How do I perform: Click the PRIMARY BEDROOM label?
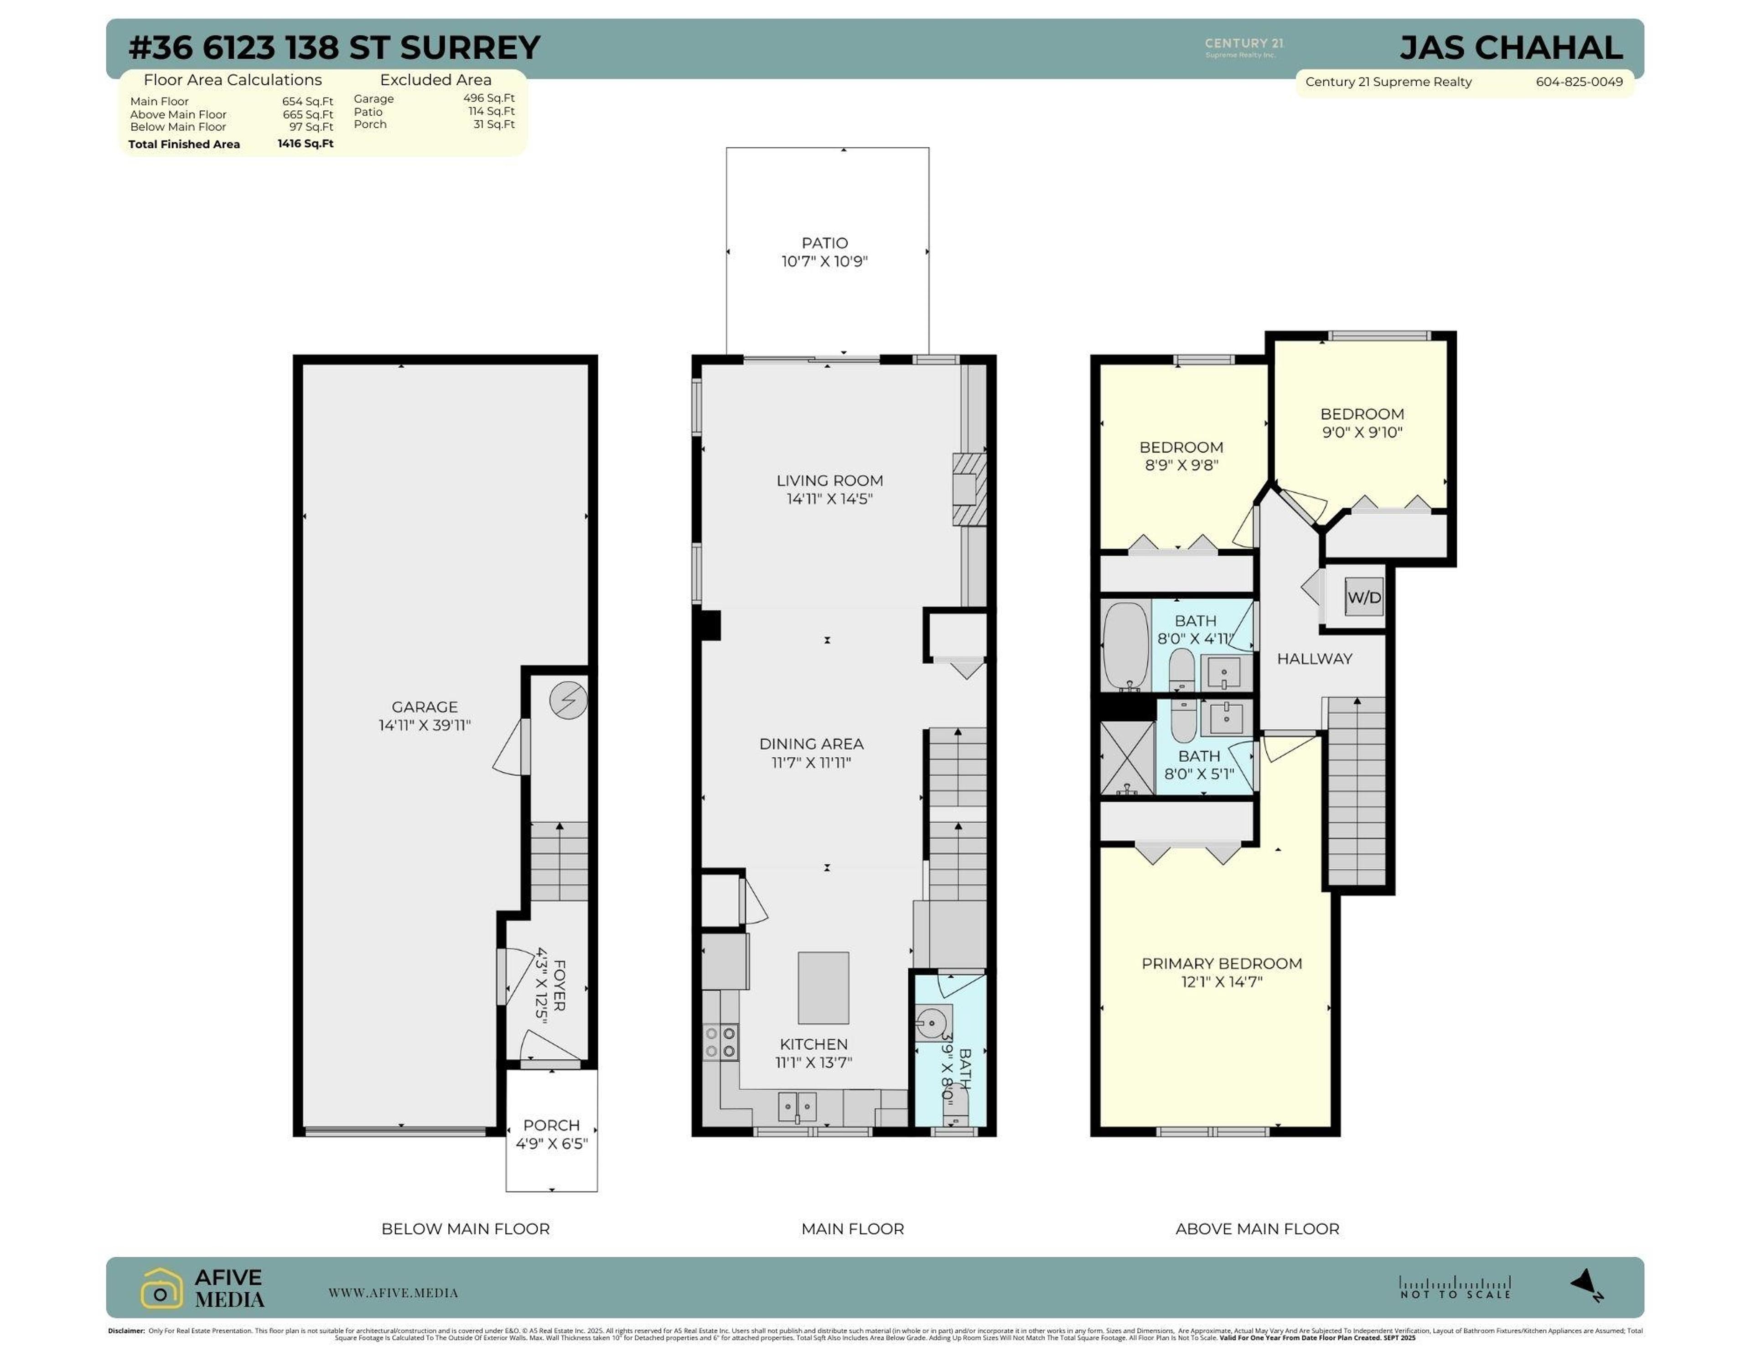coord(1221,963)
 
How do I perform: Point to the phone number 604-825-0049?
coord(1579,82)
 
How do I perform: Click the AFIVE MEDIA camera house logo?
coord(161,1288)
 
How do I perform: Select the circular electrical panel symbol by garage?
coord(568,701)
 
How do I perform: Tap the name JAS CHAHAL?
coord(1511,48)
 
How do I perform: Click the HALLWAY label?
coord(1314,659)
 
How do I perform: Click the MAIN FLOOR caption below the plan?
coord(852,1228)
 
